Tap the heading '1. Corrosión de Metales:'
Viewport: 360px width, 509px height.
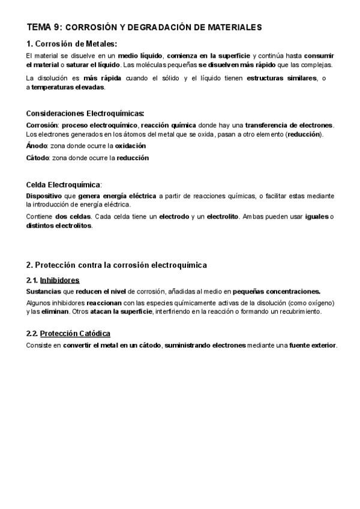(x=71, y=43)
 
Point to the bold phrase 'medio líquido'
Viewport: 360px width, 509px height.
(x=139, y=56)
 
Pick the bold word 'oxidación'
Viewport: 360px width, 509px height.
(x=130, y=146)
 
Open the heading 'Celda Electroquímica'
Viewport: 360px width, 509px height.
(x=63, y=184)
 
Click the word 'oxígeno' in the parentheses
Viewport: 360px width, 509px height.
(x=319, y=303)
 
